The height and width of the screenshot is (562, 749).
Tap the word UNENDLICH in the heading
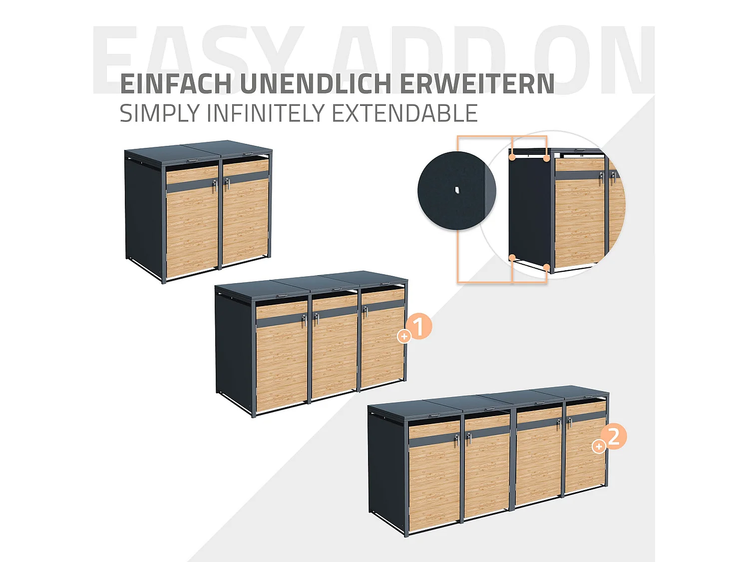[316, 84]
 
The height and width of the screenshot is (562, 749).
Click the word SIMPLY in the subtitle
[160, 113]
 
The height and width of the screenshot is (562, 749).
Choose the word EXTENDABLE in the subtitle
[404, 113]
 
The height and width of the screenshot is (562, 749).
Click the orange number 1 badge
[419, 327]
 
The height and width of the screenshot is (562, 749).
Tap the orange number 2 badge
[614, 437]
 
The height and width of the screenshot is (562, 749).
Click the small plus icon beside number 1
[404, 337]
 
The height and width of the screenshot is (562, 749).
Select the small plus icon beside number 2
[598, 447]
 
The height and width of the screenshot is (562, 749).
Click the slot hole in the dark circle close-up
[457, 190]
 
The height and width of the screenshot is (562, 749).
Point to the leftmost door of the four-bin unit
[433, 475]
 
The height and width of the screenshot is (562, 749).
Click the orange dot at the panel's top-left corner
[512, 157]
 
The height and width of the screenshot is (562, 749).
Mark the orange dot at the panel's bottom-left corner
[512, 258]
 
